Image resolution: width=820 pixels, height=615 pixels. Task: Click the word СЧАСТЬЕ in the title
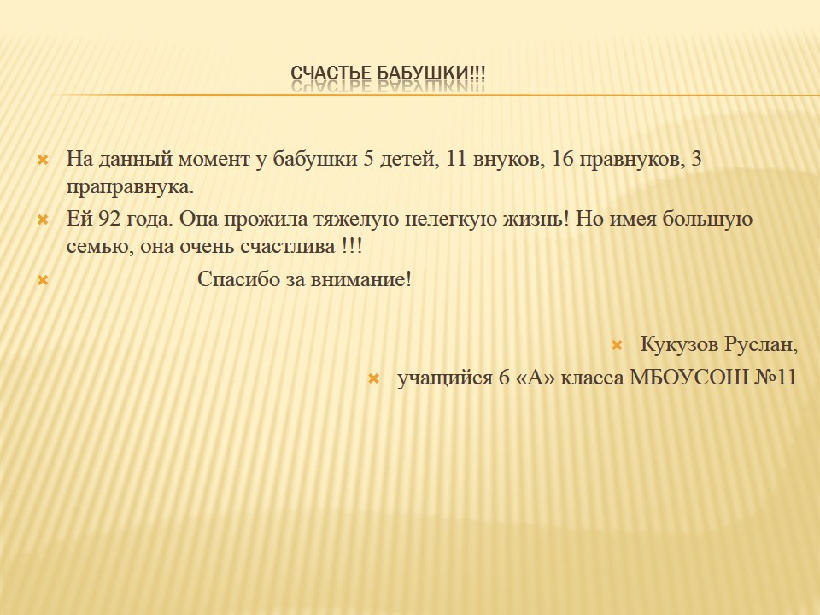(x=331, y=73)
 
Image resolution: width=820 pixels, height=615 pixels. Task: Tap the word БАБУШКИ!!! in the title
(x=431, y=73)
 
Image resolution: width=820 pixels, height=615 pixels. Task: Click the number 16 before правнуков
(x=563, y=159)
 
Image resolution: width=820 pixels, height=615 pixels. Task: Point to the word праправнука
(x=130, y=188)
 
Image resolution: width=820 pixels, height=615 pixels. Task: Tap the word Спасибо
(x=238, y=280)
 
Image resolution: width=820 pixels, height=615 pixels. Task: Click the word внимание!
(x=361, y=280)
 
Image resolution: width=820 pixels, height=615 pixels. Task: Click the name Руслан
(x=761, y=345)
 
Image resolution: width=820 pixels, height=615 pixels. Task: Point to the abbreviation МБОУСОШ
(x=688, y=377)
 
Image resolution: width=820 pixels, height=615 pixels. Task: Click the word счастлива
(x=287, y=246)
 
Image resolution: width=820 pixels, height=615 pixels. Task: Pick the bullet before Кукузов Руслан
(x=617, y=345)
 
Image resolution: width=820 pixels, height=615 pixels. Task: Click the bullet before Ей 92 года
(x=43, y=220)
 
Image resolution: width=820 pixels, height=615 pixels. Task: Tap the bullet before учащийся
(x=373, y=378)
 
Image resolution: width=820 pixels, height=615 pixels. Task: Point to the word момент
(x=214, y=160)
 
